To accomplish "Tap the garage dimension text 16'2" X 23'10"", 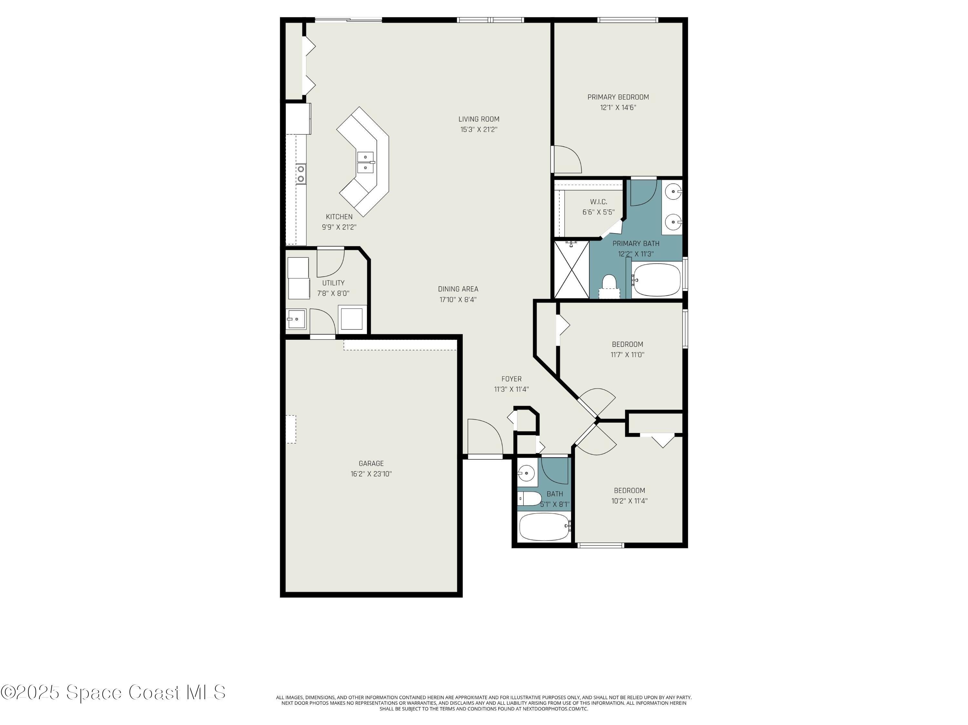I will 371,474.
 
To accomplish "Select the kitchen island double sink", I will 365,162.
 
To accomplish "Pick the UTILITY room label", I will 333,283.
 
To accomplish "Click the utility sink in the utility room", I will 296,319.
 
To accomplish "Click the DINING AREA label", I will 458,289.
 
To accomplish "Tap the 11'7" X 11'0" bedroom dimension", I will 627,355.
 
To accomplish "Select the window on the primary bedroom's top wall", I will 628,20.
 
